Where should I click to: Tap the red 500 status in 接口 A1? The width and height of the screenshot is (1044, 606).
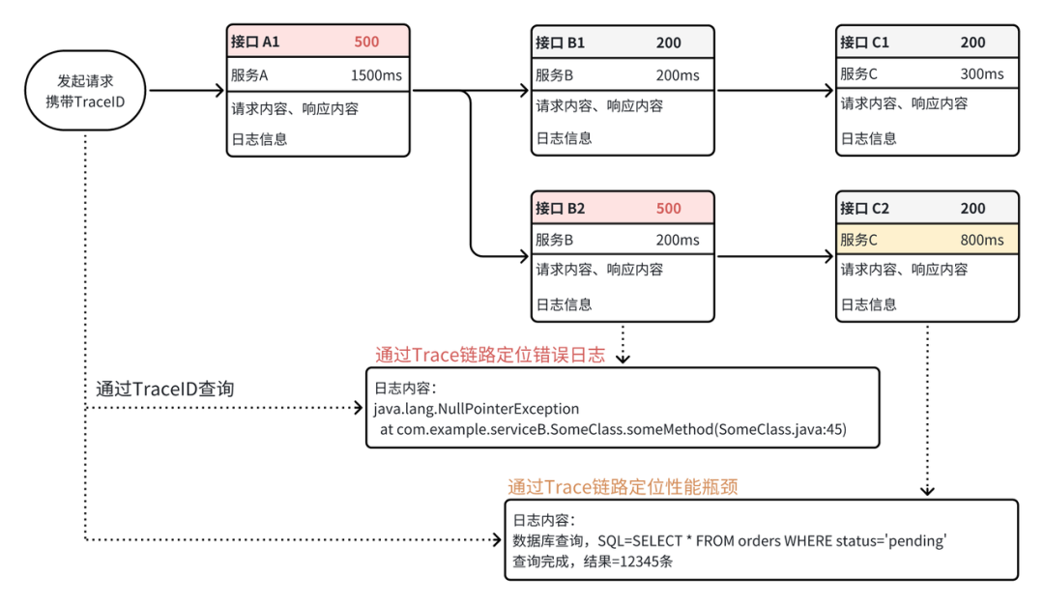[x=366, y=42]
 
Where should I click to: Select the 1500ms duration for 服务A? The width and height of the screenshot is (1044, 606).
[x=376, y=75]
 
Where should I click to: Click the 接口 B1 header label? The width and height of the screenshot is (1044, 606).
[x=560, y=43]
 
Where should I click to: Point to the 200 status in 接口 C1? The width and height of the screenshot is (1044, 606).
[x=972, y=43]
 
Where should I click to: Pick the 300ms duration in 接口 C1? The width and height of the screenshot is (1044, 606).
[x=982, y=73]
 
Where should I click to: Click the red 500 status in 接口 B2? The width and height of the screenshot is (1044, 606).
[x=669, y=209]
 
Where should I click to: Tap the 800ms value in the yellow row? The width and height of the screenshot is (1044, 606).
[x=982, y=240]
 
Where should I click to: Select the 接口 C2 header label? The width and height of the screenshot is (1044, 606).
[x=864, y=209]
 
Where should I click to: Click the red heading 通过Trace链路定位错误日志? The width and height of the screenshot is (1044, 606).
[x=490, y=355]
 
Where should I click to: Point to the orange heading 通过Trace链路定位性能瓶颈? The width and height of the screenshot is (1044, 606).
[x=623, y=487]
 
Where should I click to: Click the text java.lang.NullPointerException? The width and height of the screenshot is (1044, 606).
[x=476, y=409]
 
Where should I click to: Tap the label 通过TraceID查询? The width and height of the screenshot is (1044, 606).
[x=165, y=389]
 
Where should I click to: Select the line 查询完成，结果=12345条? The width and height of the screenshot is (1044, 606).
[x=593, y=562]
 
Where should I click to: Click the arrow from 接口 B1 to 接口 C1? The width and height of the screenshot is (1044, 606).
[x=775, y=90]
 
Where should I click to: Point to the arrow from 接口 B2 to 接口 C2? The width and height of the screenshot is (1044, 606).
[x=775, y=256]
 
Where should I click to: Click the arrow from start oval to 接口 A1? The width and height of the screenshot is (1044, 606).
[x=187, y=91]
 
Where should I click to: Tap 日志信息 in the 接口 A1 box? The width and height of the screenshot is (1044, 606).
[x=260, y=139]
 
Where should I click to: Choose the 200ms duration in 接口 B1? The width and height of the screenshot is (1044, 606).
[x=678, y=75]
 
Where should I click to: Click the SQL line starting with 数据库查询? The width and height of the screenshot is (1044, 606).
[x=730, y=540]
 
